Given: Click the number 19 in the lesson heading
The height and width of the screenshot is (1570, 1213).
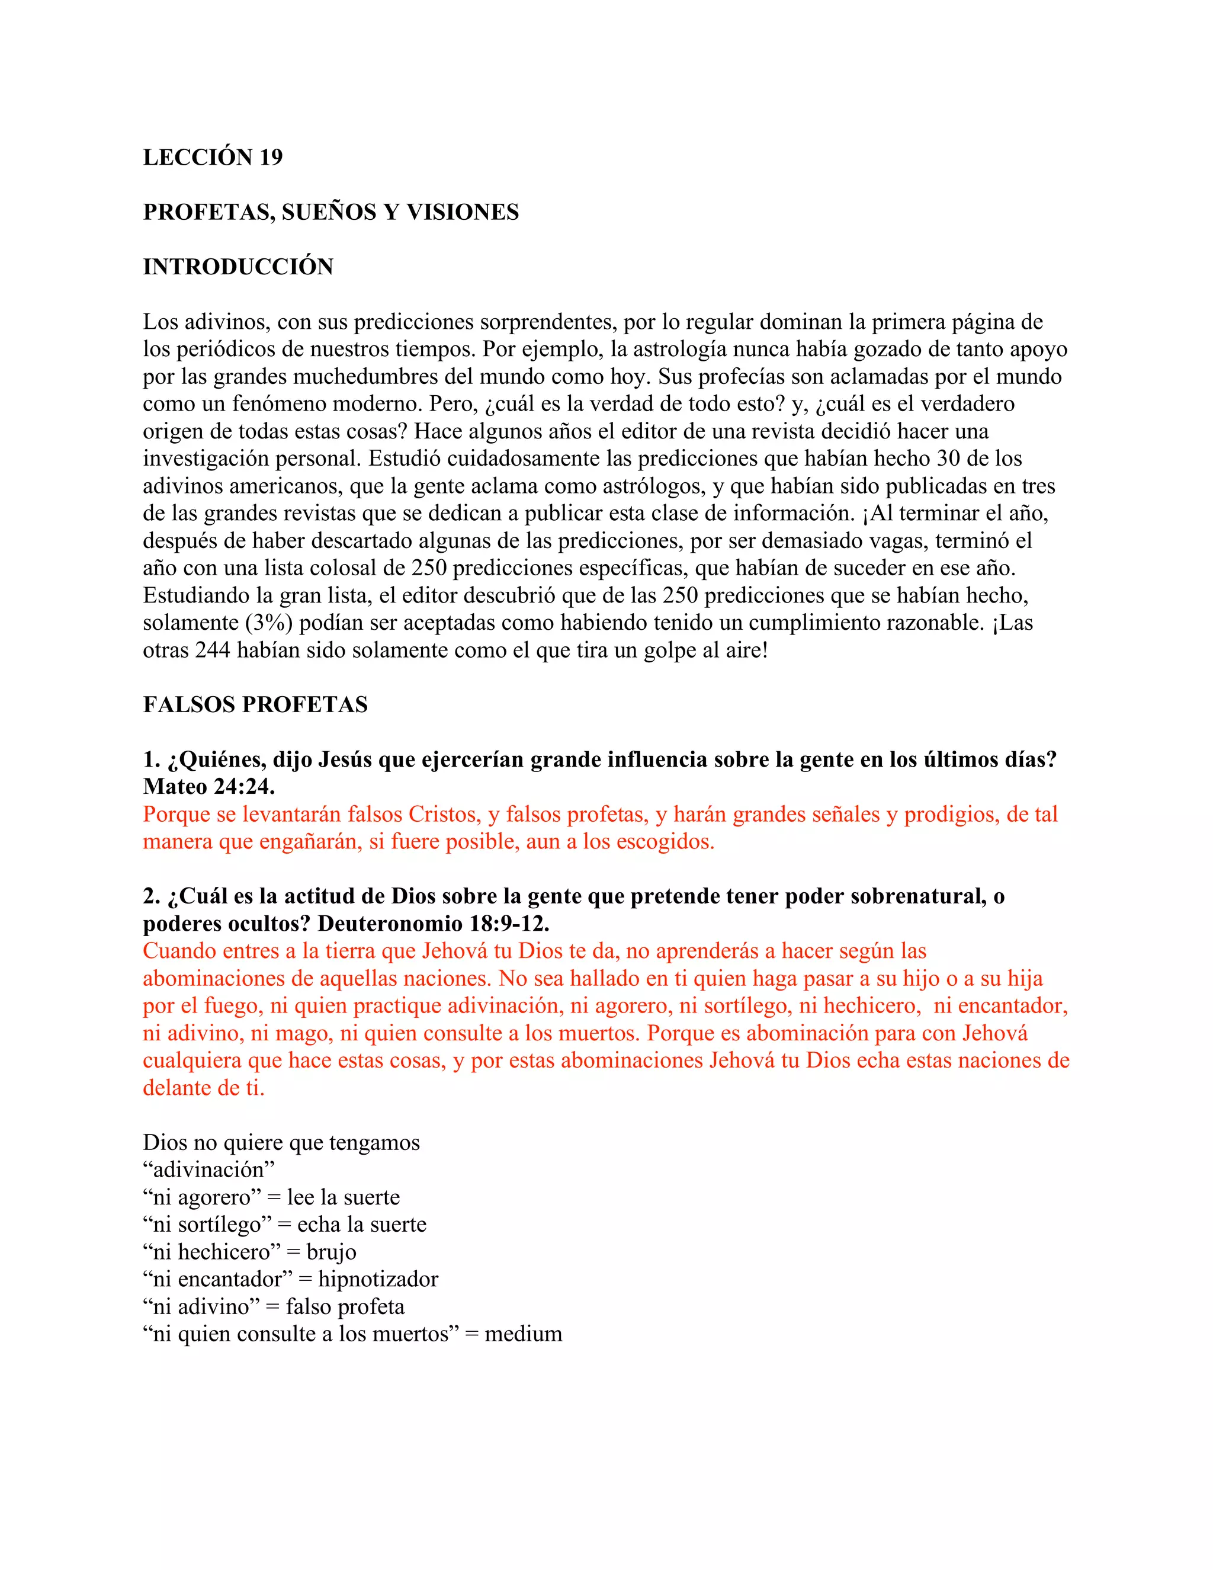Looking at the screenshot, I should tap(271, 157).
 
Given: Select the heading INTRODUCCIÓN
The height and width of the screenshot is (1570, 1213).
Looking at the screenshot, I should tap(238, 267).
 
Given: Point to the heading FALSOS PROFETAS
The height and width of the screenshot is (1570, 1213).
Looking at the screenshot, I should tap(255, 704).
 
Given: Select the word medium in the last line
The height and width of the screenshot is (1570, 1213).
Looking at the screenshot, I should tap(523, 1334).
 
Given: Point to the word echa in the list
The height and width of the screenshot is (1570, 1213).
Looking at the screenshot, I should tap(317, 1225).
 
